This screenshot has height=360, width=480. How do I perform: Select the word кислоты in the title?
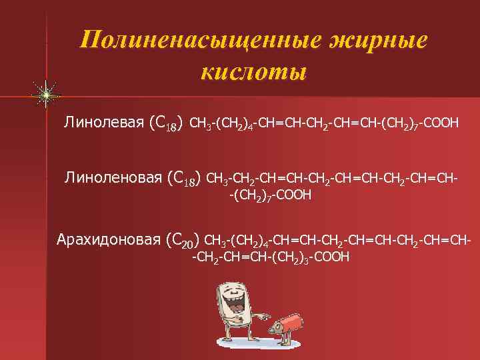(x=253, y=71)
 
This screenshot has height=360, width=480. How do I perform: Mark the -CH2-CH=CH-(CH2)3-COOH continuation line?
(x=270, y=257)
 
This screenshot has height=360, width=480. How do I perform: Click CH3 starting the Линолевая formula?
(x=201, y=123)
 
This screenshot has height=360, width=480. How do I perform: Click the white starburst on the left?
(x=46, y=96)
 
